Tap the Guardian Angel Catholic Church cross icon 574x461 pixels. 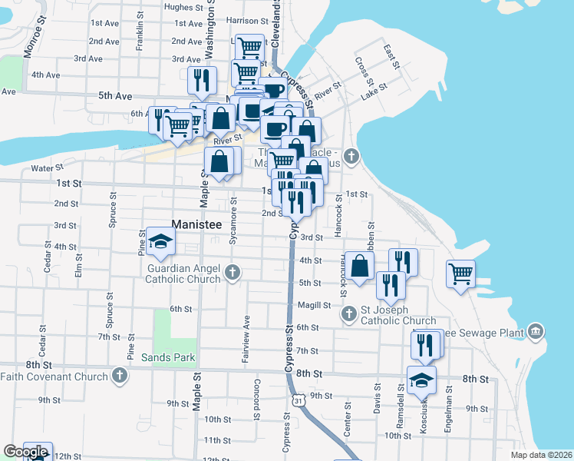(233, 272)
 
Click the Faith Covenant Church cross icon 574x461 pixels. (119, 375)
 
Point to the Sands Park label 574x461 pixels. (168, 357)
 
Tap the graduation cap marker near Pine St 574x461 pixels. (160, 242)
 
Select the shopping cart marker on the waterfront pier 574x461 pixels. (460, 274)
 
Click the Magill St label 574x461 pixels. (314, 305)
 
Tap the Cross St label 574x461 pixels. (364, 71)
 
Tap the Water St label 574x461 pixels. (46, 168)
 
